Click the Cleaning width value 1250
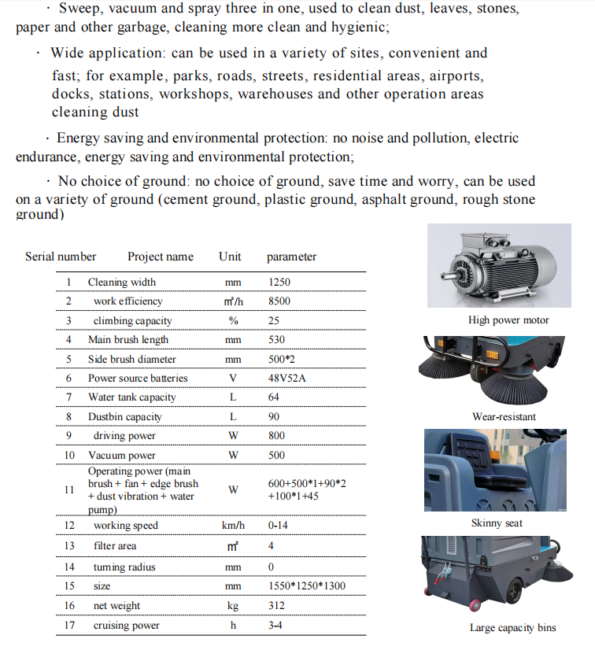(x=279, y=282)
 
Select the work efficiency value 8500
(x=279, y=301)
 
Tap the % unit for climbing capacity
(x=232, y=320)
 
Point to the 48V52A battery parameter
(x=288, y=378)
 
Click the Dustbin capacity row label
(x=124, y=416)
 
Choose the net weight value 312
(x=276, y=605)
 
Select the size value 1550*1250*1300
(x=306, y=586)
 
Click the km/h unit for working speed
(x=234, y=526)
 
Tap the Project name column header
(x=161, y=257)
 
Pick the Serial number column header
(x=61, y=257)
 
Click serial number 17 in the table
(x=69, y=626)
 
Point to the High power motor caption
(x=508, y=320)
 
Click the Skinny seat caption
(x=497, y=523)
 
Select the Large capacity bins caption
(x=512, y=627)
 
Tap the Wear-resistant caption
(x=504, y=416)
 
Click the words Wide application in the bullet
(x=103, y=53)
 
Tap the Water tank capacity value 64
(x=274, y=397)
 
